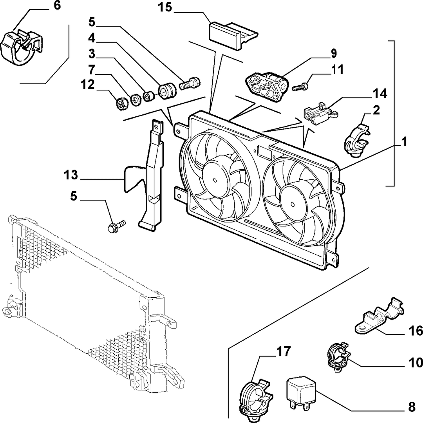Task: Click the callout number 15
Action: click(165, 7)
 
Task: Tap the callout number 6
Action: click(58, 5)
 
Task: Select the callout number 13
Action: click(71, 175)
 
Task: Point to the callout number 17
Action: click(283, 351)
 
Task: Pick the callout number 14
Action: click(380, 94)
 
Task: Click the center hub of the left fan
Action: click(215, 180)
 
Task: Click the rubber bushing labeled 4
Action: click(167, 90)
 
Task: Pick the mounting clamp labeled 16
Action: click(379, 316)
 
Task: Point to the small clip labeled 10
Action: click(338, 356)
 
